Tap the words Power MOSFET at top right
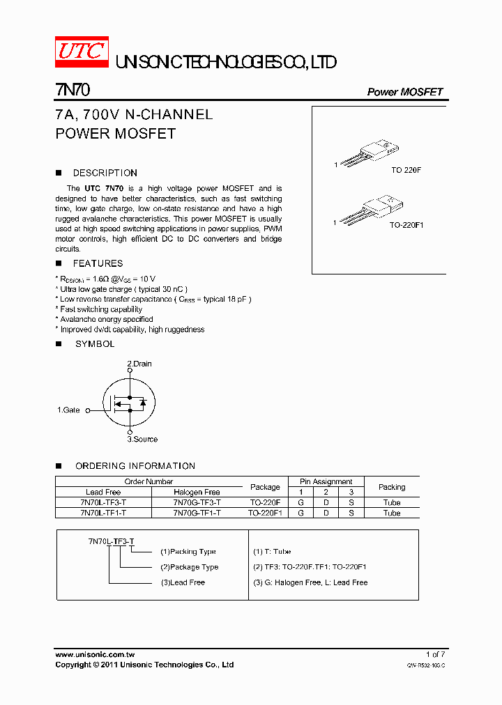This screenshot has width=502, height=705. click(404, 92)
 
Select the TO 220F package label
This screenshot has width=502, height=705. click(406, 170)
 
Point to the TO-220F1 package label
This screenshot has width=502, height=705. click(406, 225)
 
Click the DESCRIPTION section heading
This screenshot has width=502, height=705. click(105, 173)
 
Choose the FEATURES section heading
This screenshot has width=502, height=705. click(98, 263)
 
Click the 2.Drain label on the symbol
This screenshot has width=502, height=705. click(139, 364)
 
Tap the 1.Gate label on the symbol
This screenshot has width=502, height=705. click(68, 410)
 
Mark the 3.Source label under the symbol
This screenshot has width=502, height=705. click(142, 439)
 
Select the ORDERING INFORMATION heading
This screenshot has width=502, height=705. click(135, 465)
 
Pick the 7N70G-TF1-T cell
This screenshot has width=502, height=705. click(197, 513)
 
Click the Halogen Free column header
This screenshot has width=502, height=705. click(197, 492)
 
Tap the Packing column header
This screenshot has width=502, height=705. click(392, 487)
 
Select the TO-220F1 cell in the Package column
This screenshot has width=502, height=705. click(265, 513)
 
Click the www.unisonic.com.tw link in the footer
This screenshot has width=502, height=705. click(95, 654)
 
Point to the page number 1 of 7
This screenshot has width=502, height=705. click(434, 654)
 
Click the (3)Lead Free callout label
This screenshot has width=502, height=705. click(183, 582)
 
